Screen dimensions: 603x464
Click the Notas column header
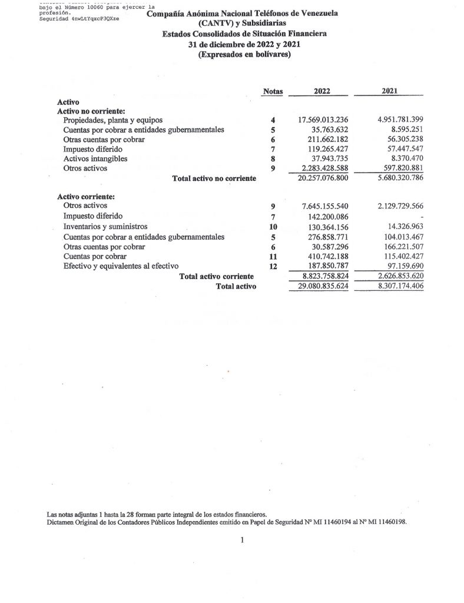[x=273, y=91]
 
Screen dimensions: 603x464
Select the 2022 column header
[x=322, y=91]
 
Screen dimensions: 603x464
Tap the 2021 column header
[x=389, y=91]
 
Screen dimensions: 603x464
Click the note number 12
[x=273, y=266]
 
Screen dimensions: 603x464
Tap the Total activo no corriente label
[x=214, y=178]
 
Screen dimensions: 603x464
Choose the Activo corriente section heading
[x=85, y=196]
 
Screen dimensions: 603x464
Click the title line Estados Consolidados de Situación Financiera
[x=244, y=34]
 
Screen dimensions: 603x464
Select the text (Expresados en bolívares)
[x=244, y=55]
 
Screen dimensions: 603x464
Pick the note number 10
[x=273, y=227]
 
